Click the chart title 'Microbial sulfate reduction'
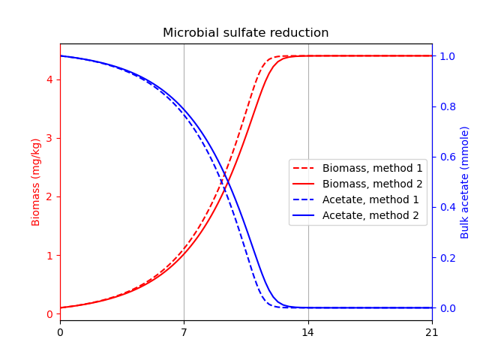coord(245,33)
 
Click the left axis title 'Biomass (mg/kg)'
coord(36,182)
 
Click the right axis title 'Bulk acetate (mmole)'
coord(465,182)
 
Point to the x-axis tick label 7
coord(184,332)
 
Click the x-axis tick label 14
coord(308,332)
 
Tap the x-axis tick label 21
coord(432,332)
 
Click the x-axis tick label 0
coord(60,332)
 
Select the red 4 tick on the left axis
coord(50,79)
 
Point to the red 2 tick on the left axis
coord(50,196)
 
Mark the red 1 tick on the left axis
coord(50,256)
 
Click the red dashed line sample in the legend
coord(304,169)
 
